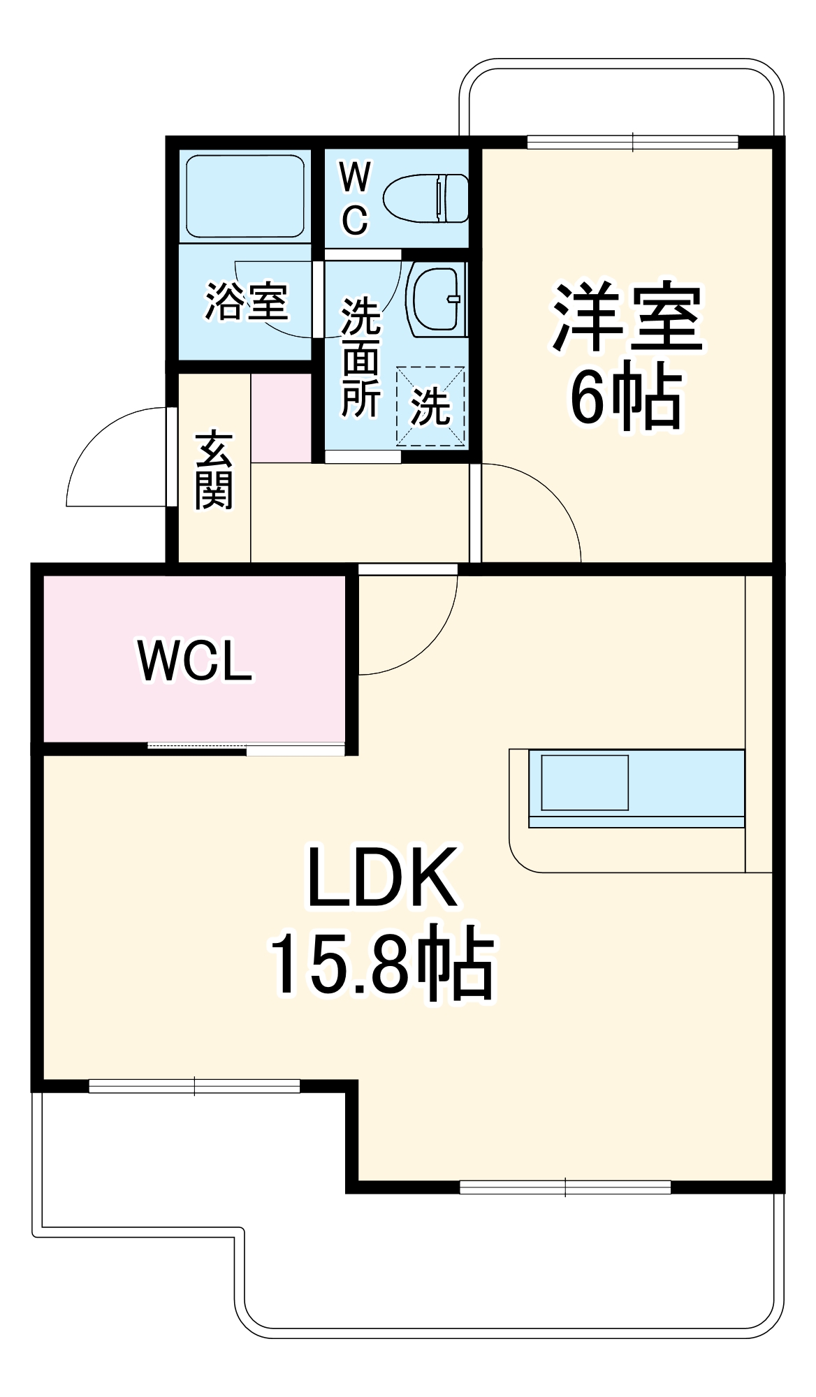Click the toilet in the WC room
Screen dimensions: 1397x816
(x=426, y=198)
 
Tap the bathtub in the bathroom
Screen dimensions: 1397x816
(x=245, y=196)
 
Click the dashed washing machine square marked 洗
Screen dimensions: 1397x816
(x=430, y=405)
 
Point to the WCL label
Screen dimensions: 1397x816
(x=196, y=660)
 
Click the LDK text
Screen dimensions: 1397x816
(x=382, y=878)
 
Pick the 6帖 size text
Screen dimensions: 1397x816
(x=627, y=398)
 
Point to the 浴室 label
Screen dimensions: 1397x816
(x=246, y=302)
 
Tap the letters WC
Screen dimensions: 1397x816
(x=355, y=198)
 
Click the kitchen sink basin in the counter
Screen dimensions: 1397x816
(x=585, y=782)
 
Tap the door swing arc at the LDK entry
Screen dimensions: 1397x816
(x=419, y=636)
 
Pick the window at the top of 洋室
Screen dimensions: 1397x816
(x=632, y=142)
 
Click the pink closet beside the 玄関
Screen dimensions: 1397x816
(x=281, y=418)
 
